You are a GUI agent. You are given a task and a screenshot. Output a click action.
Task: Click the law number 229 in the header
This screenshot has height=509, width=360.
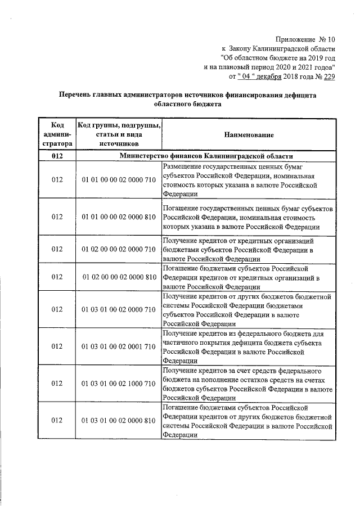click(328, 76)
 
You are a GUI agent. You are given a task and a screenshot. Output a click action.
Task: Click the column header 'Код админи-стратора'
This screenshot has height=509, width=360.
click(57, 135)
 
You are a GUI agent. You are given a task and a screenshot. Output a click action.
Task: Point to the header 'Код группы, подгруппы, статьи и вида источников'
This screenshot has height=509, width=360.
click(118, 135)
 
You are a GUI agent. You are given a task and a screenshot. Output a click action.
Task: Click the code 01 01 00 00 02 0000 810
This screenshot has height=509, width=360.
click(118, 217)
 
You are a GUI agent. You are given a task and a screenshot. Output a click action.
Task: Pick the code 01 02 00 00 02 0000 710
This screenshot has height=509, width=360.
click(118, 248)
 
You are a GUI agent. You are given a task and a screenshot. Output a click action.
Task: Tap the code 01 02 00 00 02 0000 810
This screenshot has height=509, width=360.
click(118, 277)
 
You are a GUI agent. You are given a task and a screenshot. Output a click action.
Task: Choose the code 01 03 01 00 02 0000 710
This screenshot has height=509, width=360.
click(118, 309)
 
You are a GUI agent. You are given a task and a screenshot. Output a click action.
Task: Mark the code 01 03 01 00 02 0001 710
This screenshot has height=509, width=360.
click(118, 346)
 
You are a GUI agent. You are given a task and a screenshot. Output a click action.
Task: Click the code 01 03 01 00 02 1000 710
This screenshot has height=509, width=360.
click(118, 384)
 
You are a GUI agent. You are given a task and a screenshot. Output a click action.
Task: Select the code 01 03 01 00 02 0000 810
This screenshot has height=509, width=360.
click(118, 421)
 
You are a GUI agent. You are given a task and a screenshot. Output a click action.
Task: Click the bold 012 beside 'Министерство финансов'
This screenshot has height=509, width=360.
click(57, 156)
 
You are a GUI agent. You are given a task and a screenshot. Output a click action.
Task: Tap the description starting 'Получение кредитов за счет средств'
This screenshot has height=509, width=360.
click(248, 384)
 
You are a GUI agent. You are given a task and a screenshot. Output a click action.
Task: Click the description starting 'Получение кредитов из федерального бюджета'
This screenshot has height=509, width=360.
click(248, 346)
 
